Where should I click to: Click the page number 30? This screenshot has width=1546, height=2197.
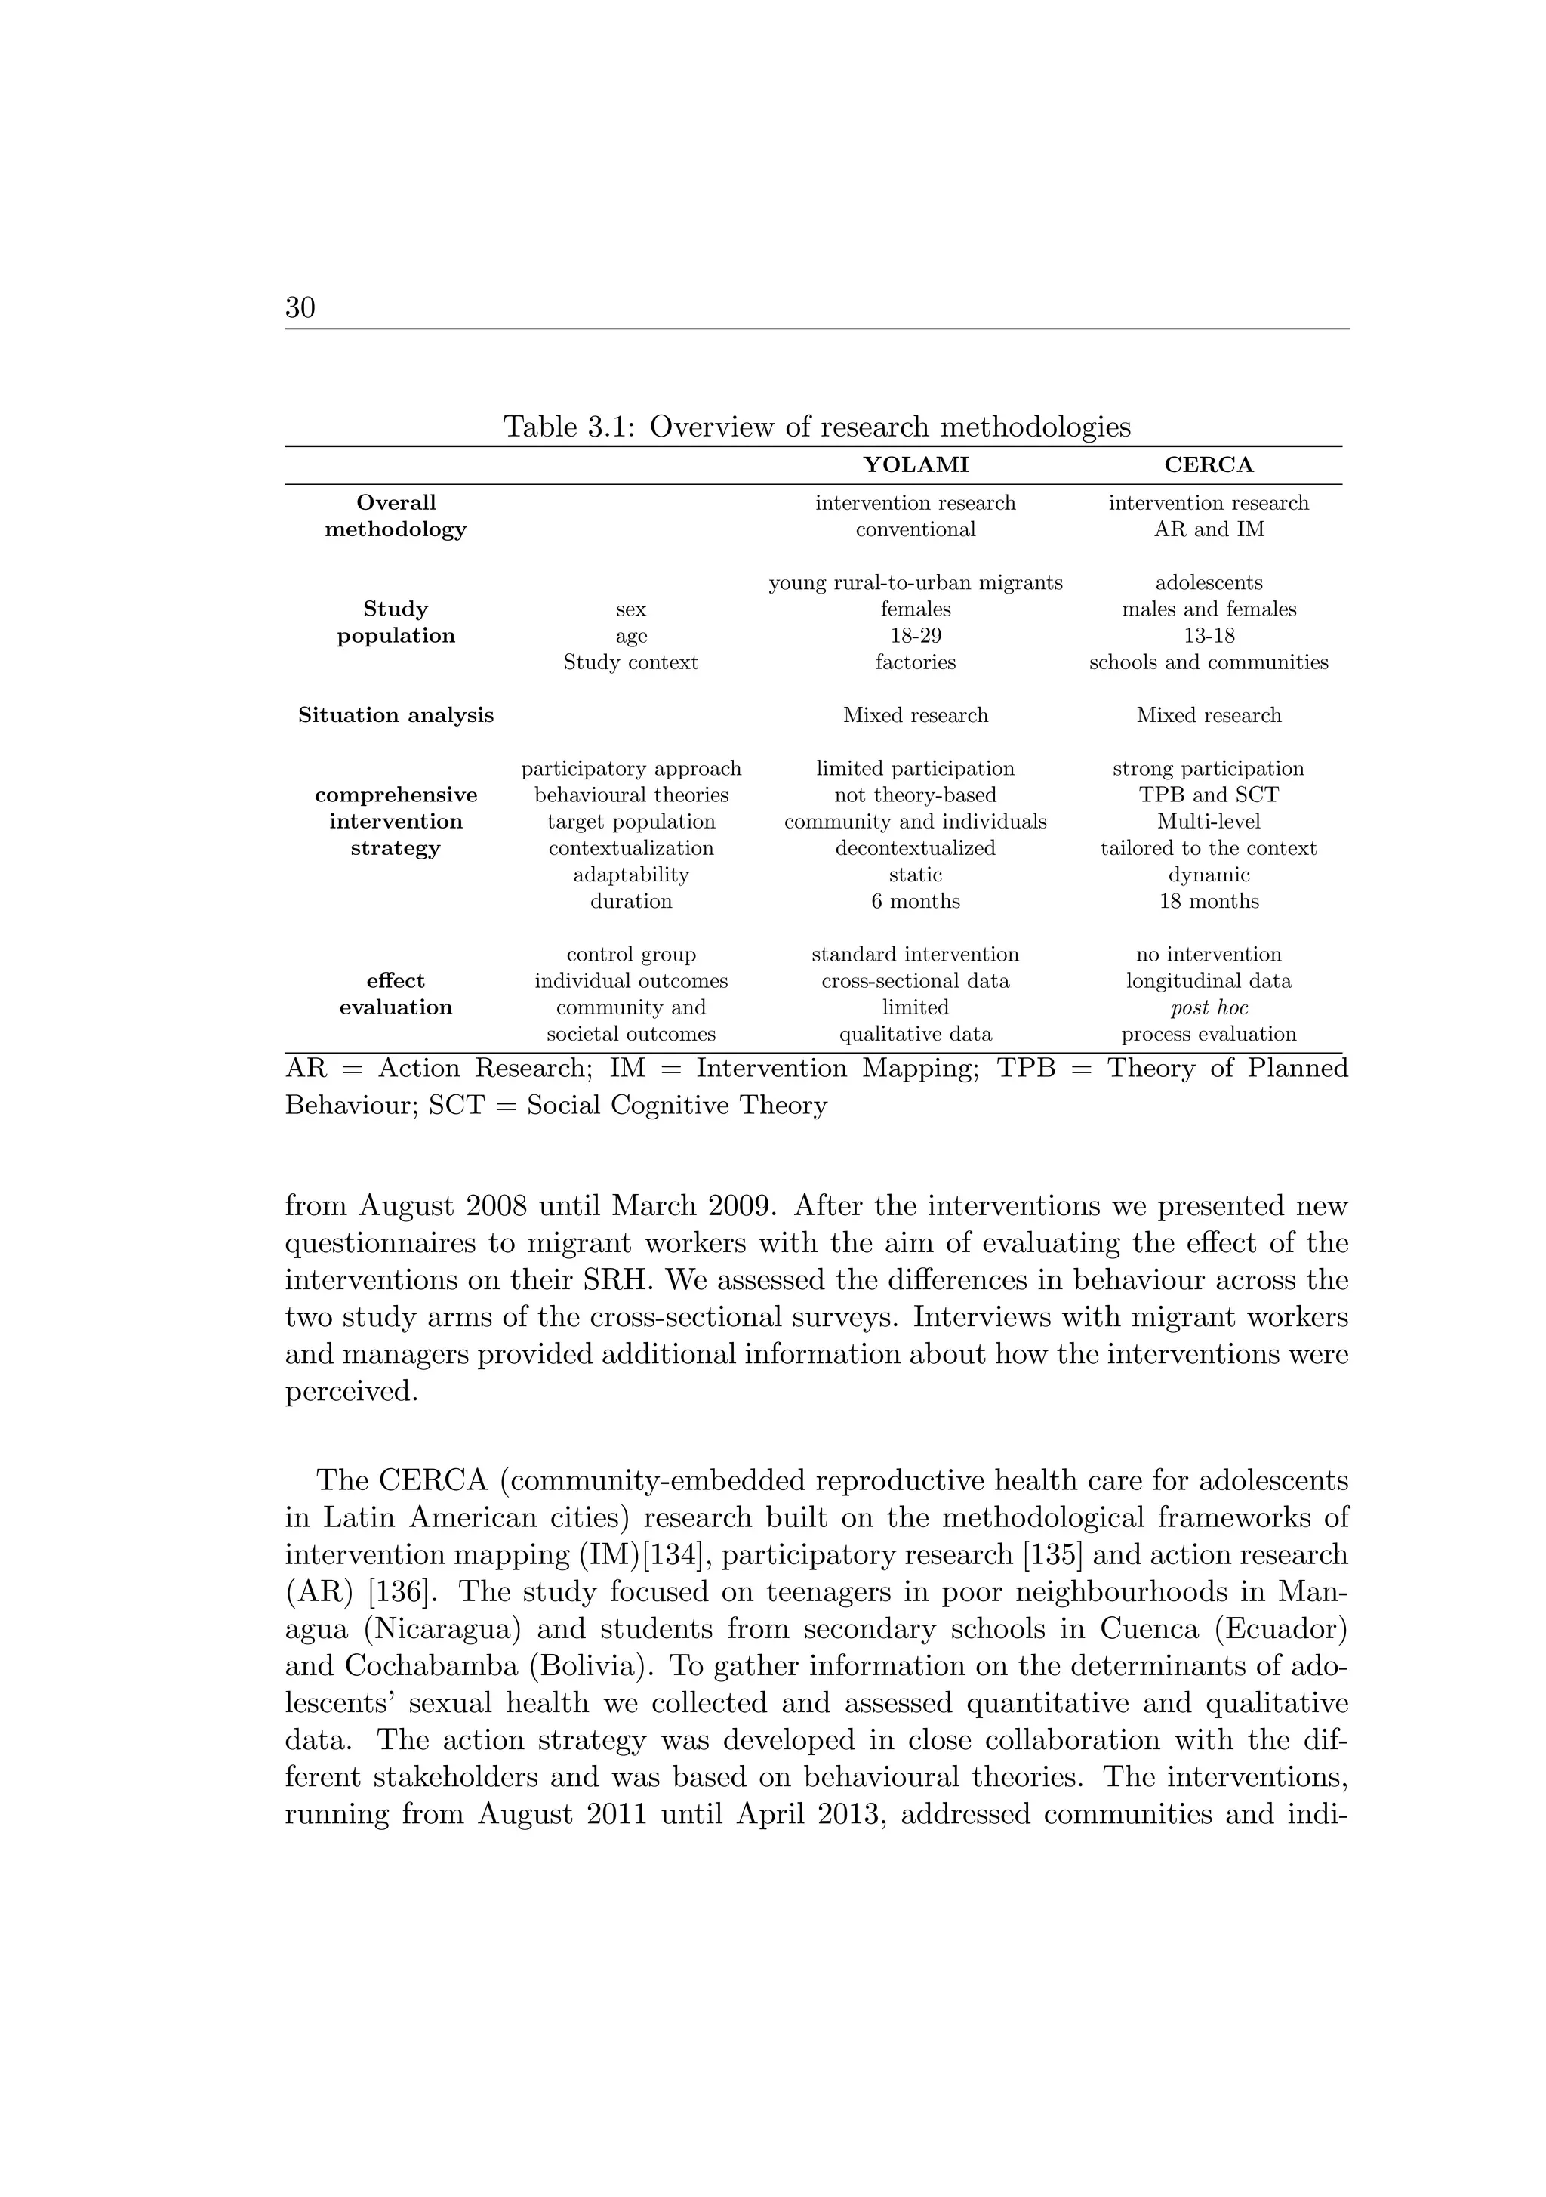300,307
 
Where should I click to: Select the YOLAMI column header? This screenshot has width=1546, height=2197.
916,465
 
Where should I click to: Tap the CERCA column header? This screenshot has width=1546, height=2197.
1209,465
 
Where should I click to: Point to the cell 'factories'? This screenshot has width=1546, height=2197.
916,662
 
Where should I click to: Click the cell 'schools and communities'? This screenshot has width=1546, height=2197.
1209,662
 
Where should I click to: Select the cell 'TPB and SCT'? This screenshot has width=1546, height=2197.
1209,795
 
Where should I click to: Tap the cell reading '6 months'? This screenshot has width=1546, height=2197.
916,902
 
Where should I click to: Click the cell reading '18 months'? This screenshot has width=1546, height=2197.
1209,902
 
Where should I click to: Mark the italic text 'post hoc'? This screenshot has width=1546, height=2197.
1209,1007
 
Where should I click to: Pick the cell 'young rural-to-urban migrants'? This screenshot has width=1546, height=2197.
916,583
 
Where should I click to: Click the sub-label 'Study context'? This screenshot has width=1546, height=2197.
630,662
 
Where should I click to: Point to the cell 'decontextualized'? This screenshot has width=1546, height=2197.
916,848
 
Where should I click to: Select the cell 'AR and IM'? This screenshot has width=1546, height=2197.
1209,529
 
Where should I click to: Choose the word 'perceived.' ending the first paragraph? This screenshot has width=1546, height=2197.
352,1391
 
